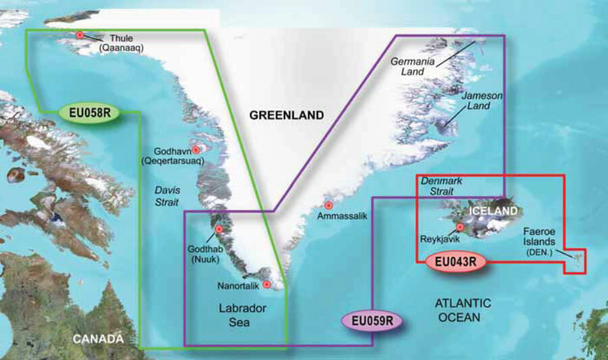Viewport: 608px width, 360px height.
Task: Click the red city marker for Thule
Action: [80, 35]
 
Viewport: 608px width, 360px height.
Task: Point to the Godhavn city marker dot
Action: [196, 150]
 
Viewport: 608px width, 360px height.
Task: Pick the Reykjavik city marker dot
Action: [460, 228]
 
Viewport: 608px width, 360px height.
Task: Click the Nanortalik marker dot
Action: [267, 284]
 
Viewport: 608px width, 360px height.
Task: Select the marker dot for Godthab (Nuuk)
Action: [218, 229]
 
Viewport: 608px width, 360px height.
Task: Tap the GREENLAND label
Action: [286, 115]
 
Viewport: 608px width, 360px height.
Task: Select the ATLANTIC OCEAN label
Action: [463, 310]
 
